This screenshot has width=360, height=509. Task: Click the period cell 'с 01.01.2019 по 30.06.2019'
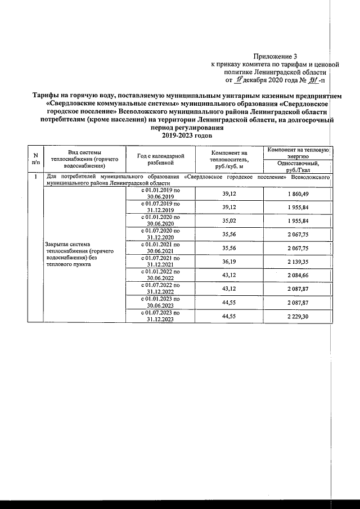coord(161,193)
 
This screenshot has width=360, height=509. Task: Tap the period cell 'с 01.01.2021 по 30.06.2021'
coord(161,247)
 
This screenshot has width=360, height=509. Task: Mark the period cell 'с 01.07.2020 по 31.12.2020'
coord(161,234)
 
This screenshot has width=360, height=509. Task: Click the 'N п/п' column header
coord(36,158)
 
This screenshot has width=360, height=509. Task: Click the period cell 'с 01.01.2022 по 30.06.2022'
coord(161,274)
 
